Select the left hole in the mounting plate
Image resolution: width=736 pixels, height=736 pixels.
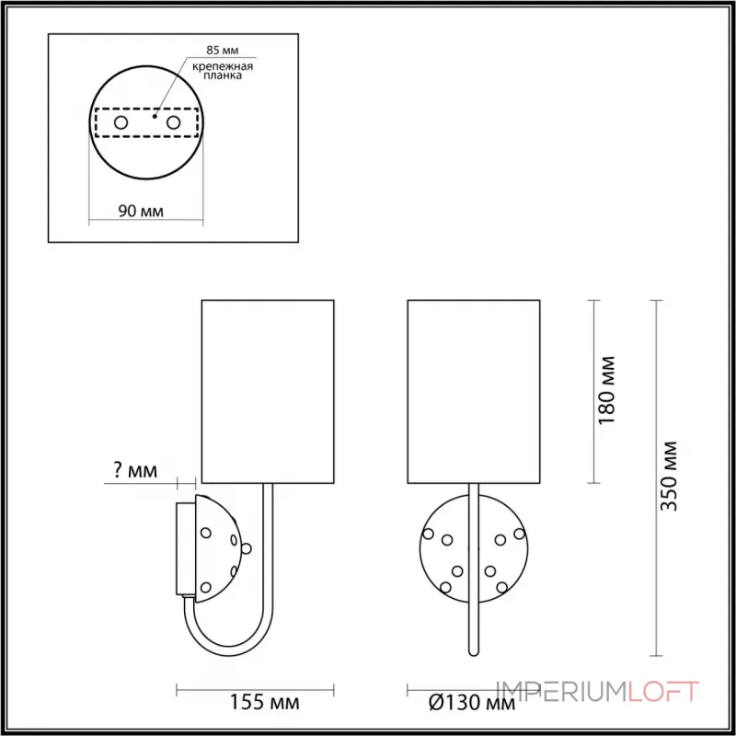[120, 121]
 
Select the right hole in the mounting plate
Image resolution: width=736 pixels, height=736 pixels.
[173, 121]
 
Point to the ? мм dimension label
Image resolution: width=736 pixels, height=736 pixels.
[134, 473]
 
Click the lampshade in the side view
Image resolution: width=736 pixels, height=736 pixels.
[266, 390]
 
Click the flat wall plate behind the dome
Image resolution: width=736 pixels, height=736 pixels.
[183, 548]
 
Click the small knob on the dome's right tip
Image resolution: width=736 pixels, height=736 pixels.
[247, 548]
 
